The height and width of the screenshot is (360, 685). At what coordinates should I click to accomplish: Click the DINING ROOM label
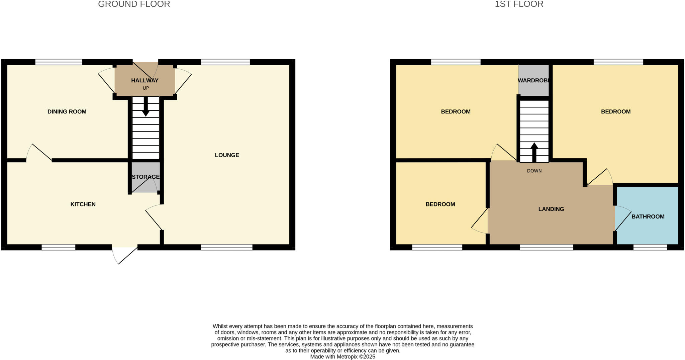(67, 112)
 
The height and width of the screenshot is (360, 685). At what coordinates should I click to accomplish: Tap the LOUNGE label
(227, 155)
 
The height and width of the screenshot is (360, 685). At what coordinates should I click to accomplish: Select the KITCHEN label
(83, 204)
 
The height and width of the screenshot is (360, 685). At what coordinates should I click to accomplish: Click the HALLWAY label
(144, 81)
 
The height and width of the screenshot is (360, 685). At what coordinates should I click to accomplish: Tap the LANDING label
(551, 209)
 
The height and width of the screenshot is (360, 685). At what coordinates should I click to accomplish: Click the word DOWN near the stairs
(534, 171)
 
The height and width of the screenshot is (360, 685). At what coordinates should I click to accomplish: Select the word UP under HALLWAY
(146, 88)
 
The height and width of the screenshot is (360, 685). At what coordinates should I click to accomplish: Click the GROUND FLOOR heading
(134, 4)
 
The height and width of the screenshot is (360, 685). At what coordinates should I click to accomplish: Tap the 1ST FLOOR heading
(519, 4)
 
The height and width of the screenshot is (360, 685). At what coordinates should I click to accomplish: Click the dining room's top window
(59, 62)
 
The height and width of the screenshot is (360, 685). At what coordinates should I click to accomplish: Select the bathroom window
(650, 247)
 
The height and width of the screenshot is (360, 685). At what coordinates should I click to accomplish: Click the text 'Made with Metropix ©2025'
(342, 357)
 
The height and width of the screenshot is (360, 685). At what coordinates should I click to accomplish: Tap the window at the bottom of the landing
(546, 247)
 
